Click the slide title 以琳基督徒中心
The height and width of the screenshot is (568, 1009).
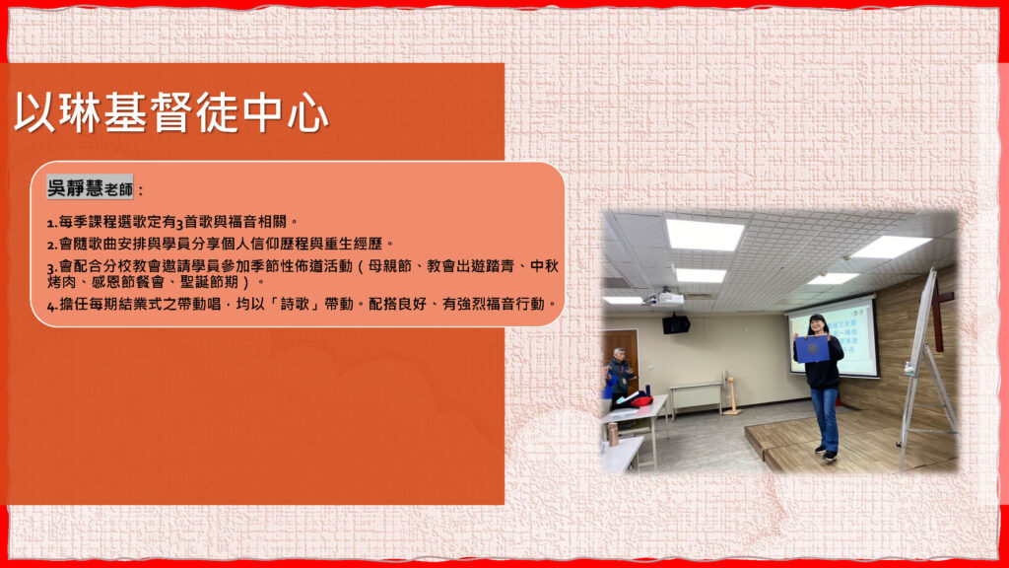171,112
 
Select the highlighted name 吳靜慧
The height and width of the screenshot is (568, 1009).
75,187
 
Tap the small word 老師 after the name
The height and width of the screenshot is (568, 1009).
119,189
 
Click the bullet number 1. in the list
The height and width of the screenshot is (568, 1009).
52,223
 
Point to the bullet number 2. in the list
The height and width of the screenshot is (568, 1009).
52,245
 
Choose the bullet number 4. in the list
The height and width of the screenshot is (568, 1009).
53,306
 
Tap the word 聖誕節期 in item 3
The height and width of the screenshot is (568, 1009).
209,281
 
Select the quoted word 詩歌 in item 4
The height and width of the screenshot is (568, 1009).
295,304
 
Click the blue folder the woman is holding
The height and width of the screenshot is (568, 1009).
812,348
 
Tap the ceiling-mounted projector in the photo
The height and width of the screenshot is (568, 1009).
664,298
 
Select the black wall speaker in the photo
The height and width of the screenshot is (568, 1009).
676,323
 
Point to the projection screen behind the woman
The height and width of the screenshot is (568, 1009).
837,337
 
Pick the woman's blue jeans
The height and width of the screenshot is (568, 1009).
825,417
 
